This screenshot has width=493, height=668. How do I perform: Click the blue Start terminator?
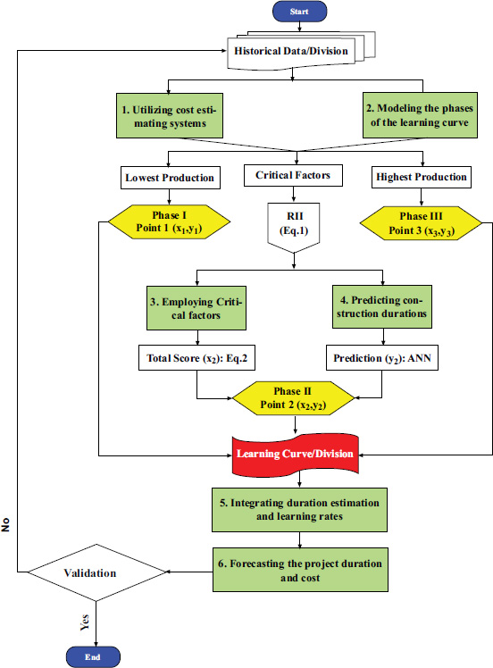[299, 12]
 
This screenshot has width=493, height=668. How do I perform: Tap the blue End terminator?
[93, 657]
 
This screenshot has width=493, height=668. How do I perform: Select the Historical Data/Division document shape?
[301, 51]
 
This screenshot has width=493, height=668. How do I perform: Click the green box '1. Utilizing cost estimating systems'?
[170, 116]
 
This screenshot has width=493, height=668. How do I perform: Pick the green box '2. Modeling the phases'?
[420, 115]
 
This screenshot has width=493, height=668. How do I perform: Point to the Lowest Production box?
[170, 178]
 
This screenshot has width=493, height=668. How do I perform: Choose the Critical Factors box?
[293, 176]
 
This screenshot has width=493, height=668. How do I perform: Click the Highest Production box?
[421, 177]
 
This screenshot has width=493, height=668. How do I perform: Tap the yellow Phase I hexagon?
[169, 221]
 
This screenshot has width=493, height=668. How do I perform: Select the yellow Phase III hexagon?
[421, 223]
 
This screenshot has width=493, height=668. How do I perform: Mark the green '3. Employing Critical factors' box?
[196, 308]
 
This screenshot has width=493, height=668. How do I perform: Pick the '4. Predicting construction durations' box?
[381, 306]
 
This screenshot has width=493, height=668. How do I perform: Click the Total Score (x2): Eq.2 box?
[196, 358]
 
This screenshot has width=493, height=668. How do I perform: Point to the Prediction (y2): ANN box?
[381, 358]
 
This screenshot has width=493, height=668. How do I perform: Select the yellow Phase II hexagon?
[293, 398]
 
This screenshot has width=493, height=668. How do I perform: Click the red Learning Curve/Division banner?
[296, 454]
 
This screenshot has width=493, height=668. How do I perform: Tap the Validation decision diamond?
[96, 572]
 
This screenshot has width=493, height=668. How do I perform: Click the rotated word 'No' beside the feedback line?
[5, 525]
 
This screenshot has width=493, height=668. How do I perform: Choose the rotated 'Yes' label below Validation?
[85, 622]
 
